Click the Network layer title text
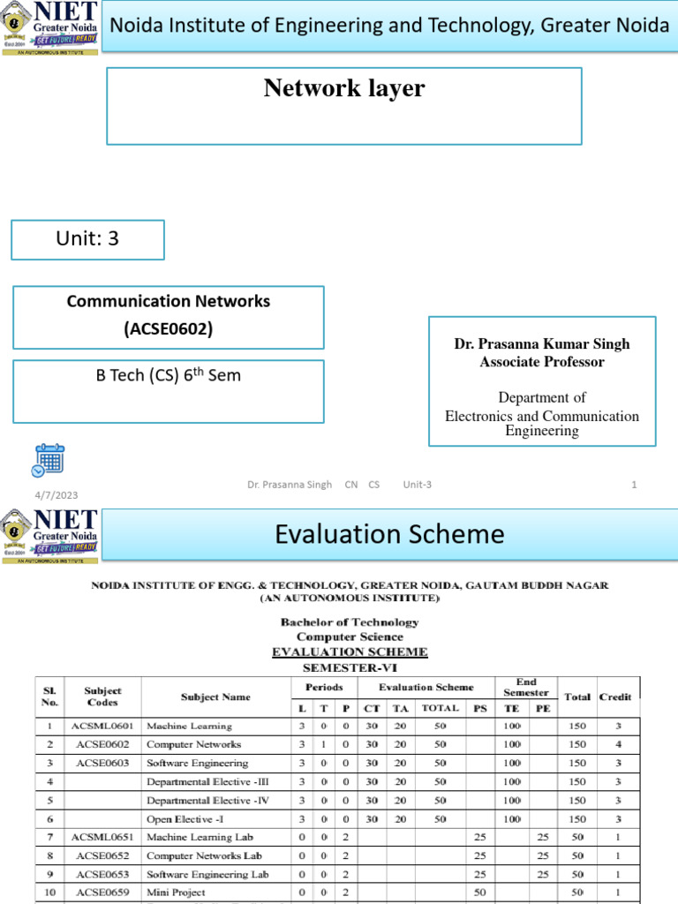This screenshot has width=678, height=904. [343, 88]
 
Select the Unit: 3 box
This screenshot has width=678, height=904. [87, 239]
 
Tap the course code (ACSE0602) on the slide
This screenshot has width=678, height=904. [168, 330]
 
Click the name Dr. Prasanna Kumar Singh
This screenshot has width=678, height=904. [542, 343]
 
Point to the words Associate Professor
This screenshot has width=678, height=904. [542, 362]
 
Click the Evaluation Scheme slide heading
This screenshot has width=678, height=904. [389, 534]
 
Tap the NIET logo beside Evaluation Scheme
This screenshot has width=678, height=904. [50, 533]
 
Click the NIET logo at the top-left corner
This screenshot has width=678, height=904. [50, 27]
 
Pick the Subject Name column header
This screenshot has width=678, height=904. [215, 697]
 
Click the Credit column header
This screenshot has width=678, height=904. [615, 697]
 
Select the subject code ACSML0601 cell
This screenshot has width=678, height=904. [102, 726]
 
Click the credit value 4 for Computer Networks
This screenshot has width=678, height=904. [618, 744]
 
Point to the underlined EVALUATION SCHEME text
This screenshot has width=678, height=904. [350, 652]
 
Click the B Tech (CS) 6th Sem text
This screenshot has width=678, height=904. [168, 375]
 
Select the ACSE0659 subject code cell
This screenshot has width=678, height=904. [102, 893]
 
